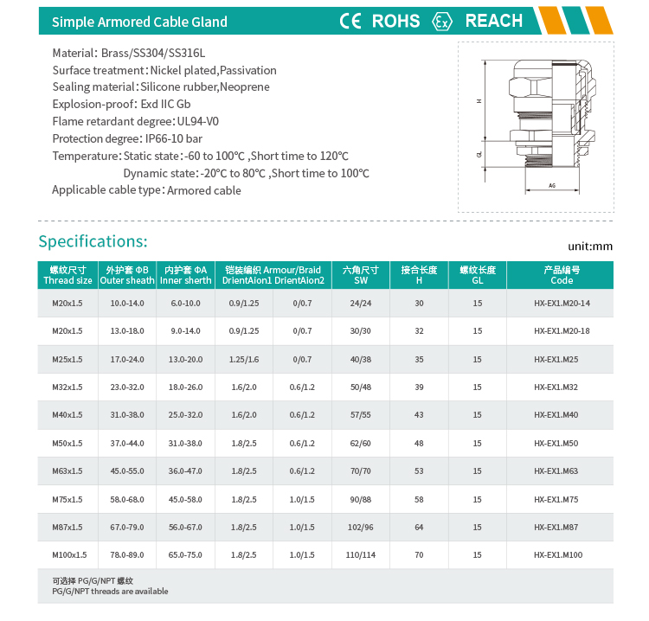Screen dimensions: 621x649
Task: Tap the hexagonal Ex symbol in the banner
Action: click(x=442, y=22)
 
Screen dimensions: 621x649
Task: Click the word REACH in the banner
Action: click(x=493, y=21)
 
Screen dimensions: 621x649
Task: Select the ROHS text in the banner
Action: click(x=395, y=21)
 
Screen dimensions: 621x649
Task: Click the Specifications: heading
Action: click(x=93, y=240)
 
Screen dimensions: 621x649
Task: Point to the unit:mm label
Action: click(x=590, y=246)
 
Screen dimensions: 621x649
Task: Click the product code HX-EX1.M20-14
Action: click(x=562, y=304)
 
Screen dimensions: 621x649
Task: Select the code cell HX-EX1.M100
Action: click(x=558, y=554)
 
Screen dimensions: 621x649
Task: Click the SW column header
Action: click(x=361, y=275)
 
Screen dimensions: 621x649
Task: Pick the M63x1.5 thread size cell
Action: click(x=67, y=471)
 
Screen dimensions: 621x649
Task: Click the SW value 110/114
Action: click(x=361, y=554)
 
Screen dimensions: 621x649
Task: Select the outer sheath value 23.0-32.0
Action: click(x=126, y=387)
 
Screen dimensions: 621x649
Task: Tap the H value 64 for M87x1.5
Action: click(x=419, y=527)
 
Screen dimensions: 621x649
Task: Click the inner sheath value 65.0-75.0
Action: click(x=185, y=554)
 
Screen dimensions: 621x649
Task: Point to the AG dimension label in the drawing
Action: click(x=552, y=186)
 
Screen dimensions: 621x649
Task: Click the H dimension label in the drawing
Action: click(x=479, y=101)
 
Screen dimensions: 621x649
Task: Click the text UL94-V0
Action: click(x=197, y=121)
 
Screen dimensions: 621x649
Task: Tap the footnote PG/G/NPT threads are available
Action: click(x=110, y=592)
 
